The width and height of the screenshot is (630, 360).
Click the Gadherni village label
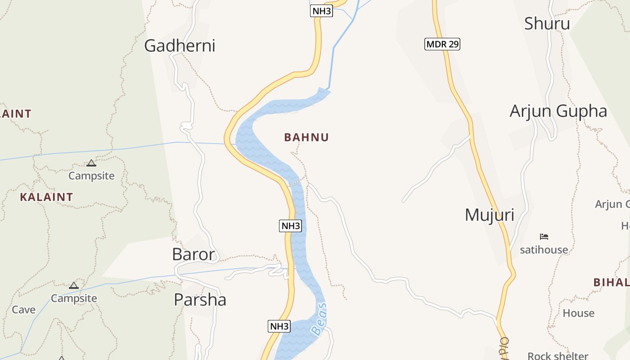180,45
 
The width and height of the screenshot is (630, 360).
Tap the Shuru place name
547,23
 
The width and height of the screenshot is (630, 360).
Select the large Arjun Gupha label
558,111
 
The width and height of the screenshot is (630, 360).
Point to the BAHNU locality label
306,137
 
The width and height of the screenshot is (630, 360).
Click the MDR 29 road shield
442,44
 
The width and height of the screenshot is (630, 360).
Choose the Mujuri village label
489,215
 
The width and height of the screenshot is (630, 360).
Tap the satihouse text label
544,249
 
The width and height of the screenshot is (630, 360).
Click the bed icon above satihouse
544,237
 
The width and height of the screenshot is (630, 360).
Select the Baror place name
193,254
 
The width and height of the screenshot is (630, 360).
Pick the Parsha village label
200,299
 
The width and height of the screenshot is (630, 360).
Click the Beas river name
319,319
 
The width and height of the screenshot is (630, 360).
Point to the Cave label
23,310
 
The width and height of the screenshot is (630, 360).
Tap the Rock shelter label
558,356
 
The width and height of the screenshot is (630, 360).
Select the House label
578,313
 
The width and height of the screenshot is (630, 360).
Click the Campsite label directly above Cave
74,298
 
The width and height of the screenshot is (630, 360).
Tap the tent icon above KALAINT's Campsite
91,163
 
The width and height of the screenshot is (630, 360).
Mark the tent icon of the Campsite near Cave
74,285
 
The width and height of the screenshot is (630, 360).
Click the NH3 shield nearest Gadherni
321,11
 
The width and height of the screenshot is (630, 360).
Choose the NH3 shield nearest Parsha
279,326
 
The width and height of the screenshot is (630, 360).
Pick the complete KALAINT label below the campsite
46,197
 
